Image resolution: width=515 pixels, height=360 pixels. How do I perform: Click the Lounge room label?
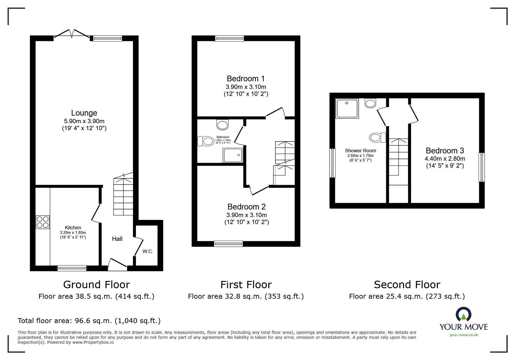click(84, 113)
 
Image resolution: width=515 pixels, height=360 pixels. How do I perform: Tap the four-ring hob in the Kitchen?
click(43, 222)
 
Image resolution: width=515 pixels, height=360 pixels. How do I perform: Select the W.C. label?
click(148, 251)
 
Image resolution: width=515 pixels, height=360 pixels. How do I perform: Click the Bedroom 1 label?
click(246, 79)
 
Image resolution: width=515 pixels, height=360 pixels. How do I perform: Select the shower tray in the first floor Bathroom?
click(233, 155)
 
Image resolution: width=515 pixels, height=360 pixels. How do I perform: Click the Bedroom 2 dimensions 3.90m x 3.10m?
click(247, 215)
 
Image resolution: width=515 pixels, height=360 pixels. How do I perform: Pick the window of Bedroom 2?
click(228, 244)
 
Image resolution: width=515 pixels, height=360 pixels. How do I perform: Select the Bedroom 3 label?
click(445, 151)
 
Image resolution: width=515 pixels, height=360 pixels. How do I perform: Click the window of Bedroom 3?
click(482, 167)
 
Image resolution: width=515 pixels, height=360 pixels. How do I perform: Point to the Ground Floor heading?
click(97, 284)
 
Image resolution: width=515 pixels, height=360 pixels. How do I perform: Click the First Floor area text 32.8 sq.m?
click(246, 296)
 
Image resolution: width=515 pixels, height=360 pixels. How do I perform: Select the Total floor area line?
click(89, 321)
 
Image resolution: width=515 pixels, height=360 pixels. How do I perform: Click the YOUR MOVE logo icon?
click(463, 314)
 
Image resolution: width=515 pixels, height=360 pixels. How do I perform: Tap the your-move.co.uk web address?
click(464, 335)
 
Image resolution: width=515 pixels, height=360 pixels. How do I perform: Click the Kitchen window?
click(72, 268)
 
